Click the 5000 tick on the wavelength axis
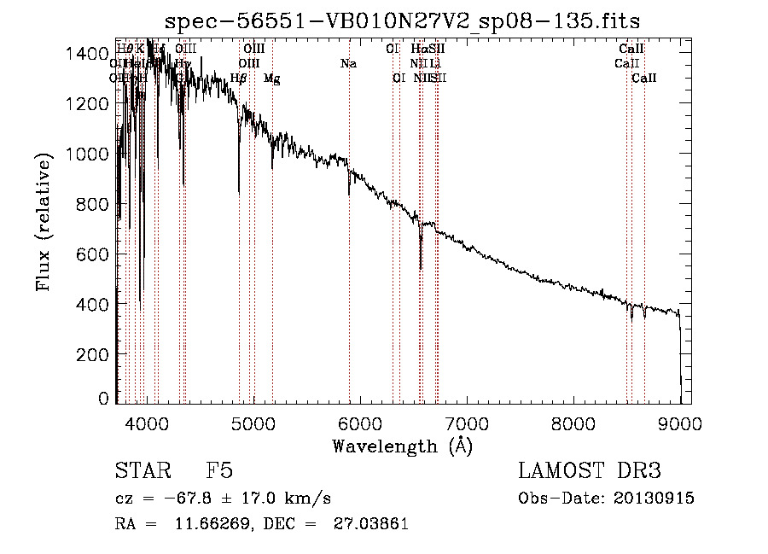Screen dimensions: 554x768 click(253, 422)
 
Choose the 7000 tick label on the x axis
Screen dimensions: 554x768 click(467, 422)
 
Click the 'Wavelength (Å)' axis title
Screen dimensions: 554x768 click(402, 446)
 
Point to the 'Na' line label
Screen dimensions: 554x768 click(348, 64)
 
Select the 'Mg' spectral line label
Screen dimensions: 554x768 click(271, 79)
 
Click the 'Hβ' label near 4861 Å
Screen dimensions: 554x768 click(239, 79)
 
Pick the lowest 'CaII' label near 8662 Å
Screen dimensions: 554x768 click(644, 79)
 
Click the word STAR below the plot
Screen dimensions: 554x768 click(141, 471)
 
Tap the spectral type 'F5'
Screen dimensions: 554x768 click(219, 471)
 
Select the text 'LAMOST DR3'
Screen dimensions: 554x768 click(589, 471)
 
